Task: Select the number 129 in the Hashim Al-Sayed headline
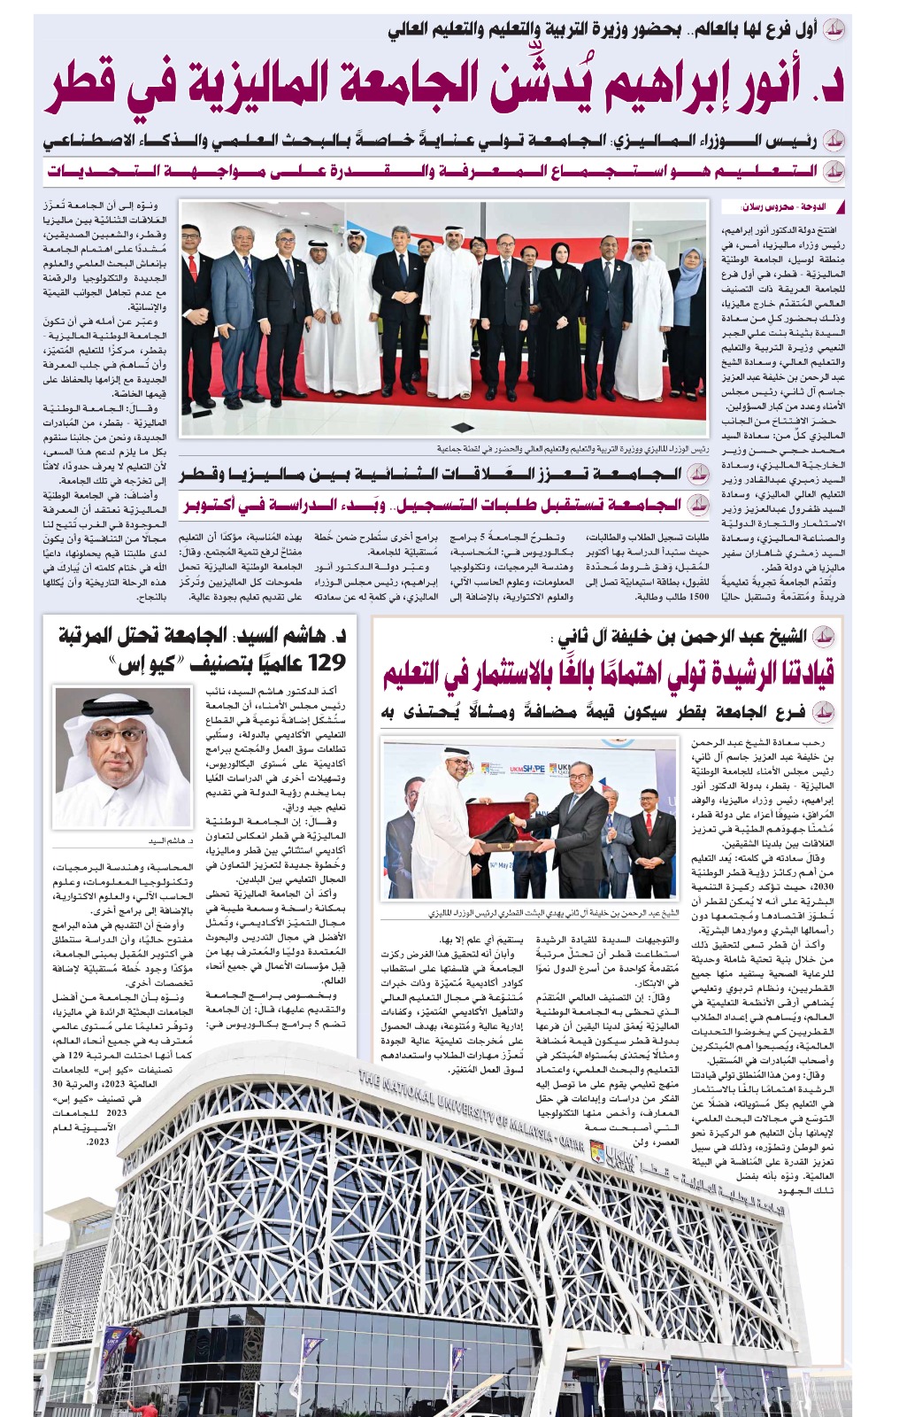tap(319, 662)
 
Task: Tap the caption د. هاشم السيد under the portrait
tap(167, 840)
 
